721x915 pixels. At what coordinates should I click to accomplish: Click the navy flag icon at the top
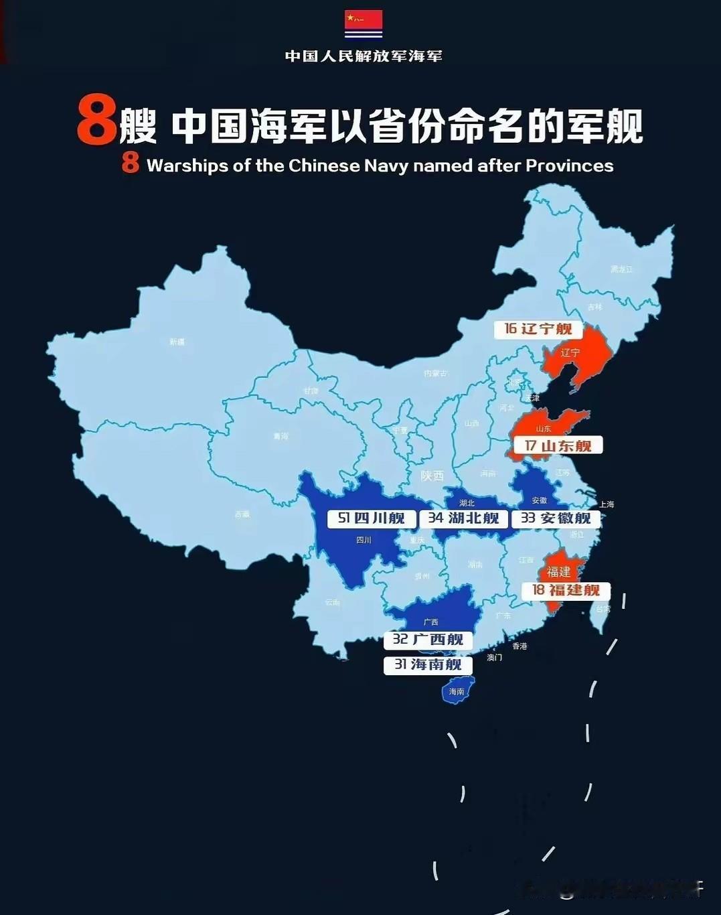364,24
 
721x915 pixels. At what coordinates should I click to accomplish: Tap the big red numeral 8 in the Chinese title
96,121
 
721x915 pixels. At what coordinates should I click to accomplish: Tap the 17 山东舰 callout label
558,445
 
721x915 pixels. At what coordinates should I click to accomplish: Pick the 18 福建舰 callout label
566,590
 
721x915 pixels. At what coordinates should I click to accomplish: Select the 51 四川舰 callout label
372,518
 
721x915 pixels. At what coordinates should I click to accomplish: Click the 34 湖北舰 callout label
463,518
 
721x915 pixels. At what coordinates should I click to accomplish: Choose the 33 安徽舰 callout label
556,518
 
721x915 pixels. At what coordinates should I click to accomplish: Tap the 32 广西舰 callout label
428,640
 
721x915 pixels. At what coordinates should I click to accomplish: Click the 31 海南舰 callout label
428,664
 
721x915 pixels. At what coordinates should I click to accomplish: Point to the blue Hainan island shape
457,691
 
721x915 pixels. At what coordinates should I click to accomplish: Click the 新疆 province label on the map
177,342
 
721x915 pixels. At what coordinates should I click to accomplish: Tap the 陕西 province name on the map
432,476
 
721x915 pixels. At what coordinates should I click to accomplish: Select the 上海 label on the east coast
607,504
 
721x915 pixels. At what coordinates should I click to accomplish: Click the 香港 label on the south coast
519,646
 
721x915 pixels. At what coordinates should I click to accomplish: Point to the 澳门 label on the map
494,658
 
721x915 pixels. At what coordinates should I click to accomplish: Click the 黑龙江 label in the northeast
621,269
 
